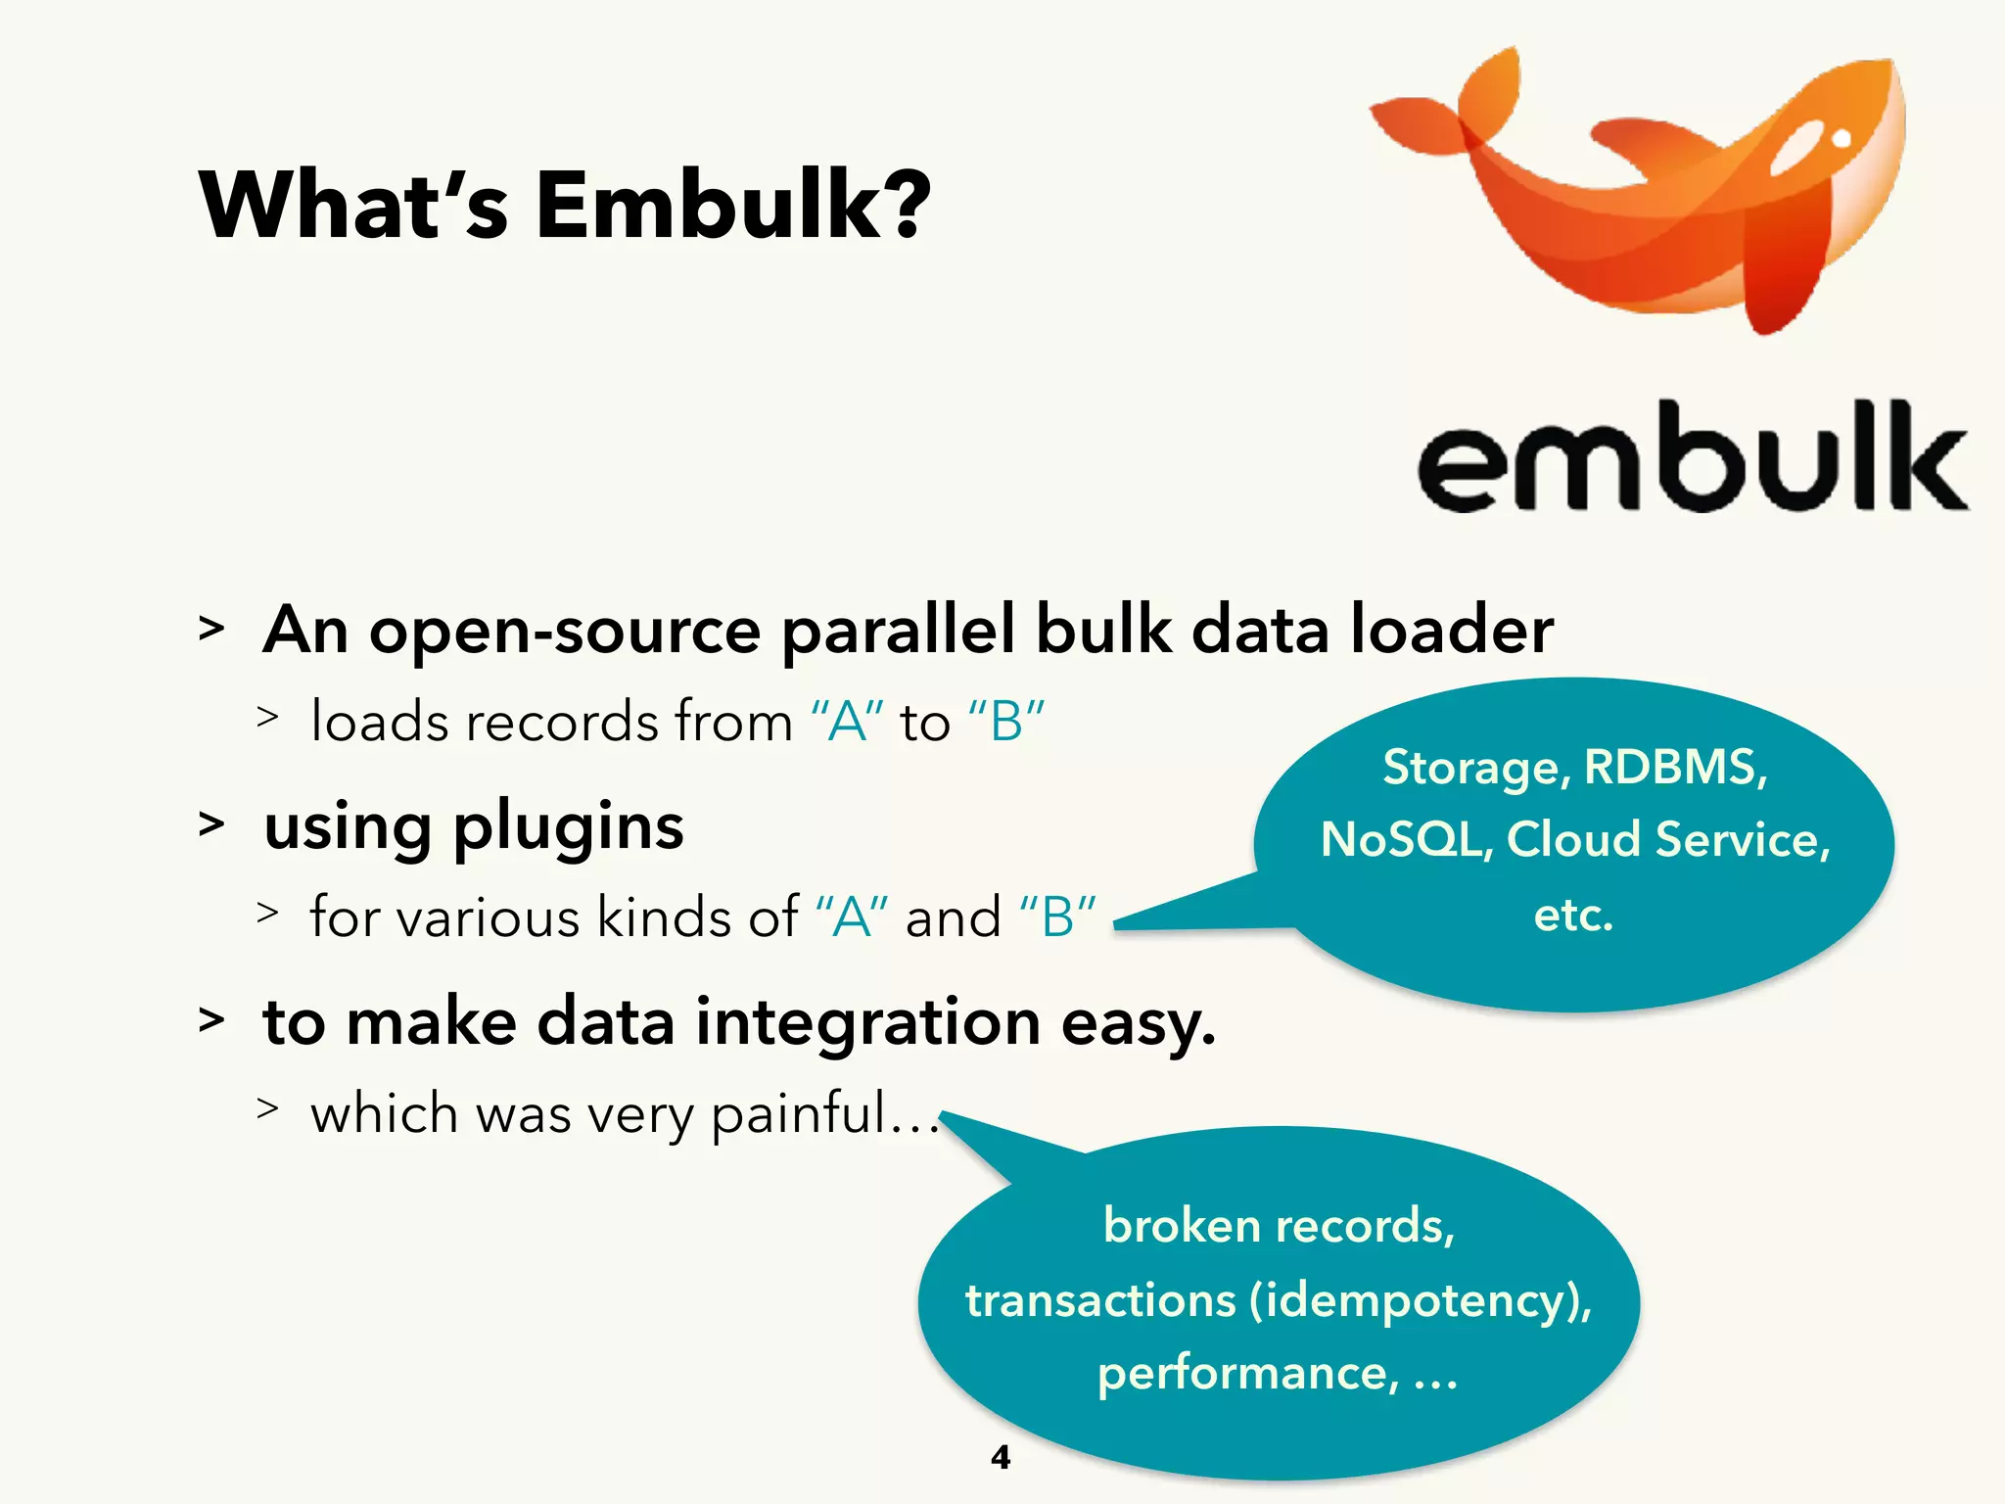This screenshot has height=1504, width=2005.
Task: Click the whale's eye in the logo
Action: pos(1841,139)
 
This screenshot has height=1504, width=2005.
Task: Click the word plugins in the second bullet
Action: pos(568,827)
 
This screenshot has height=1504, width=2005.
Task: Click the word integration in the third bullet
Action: pos(867,1022)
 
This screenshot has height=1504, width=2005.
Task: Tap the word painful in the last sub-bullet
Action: pos(797,1114)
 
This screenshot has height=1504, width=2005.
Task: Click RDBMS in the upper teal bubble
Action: pos(1675,767)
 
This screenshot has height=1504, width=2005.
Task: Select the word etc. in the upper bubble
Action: pos(1572,916)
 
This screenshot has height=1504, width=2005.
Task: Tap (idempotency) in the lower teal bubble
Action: pos(1420,1301)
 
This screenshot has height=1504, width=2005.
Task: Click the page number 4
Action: pos(1001,1457)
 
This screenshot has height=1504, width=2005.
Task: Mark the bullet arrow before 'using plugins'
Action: pos(211,824)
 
